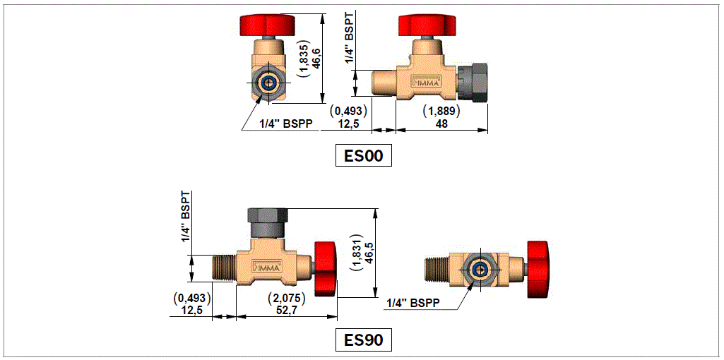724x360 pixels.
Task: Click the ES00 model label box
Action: point(363,156)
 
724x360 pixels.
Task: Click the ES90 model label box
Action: point(363,340)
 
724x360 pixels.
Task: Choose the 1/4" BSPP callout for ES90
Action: point(413,303)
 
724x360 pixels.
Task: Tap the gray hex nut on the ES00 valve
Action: point(473,81)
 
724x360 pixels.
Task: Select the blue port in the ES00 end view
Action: point(269,82)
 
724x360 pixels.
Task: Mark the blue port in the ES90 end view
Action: point(480,269)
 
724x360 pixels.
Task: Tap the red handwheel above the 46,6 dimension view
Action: point(270,25)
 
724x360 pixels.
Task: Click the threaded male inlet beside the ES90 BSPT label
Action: point(225,269)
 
